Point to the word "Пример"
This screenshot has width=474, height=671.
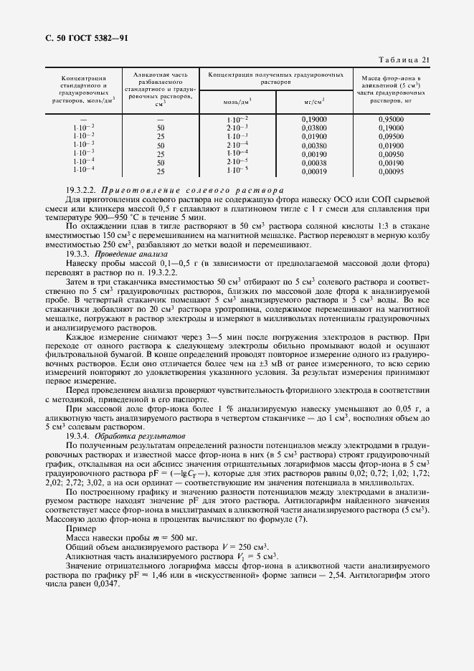coord(80,527)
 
